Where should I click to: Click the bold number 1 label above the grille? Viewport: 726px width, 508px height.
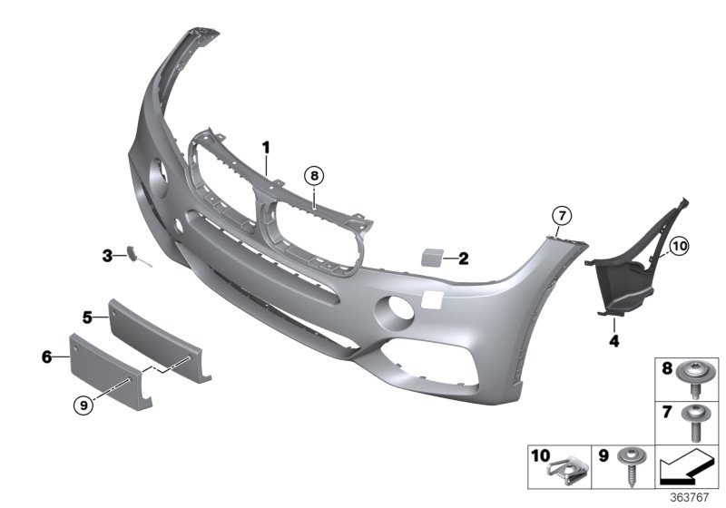[267, 146]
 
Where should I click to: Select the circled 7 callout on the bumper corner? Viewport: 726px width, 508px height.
[562, 215]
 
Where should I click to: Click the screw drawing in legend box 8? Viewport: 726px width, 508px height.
[696, 377]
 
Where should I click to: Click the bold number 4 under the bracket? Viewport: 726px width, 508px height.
[613, 342]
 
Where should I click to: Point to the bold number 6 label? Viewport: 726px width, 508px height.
[46, 358]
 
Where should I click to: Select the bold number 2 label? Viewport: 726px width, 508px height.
[463, 259]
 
